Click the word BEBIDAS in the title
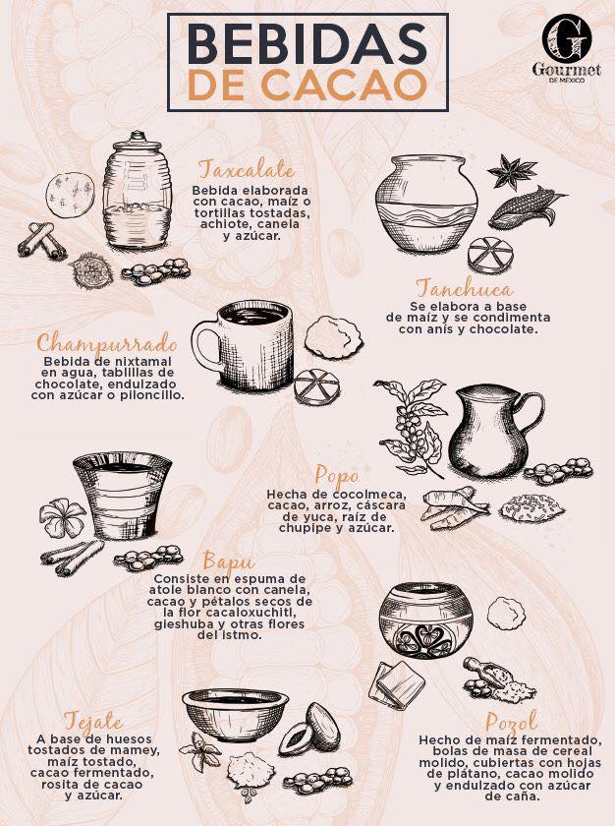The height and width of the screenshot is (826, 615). [x=307, y=43]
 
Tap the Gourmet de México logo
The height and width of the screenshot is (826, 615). [x=566, y=48]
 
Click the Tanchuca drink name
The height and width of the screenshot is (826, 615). [x=464, y=289]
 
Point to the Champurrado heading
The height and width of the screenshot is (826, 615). [x=107, y=343]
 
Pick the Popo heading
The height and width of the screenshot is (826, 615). [x=337, y=477]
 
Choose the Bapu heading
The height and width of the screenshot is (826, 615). [x=228, y=561]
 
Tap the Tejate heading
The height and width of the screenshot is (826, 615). [x=93, y=722]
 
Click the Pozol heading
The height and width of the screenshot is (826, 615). [x=512, y=722]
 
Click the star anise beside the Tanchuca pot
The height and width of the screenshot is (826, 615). [x=511, y=171]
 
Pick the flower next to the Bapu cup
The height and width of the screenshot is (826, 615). [x=62, y=517]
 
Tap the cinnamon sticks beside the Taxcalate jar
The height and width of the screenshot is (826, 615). [x=42, y=241]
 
